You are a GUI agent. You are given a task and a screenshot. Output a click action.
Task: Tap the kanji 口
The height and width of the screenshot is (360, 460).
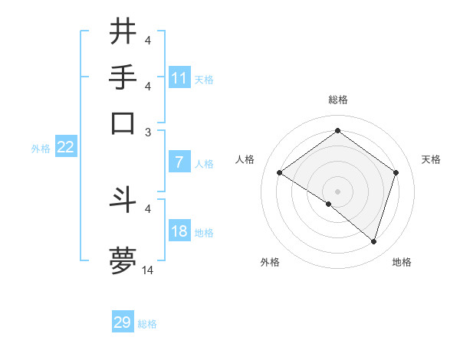point(123,123)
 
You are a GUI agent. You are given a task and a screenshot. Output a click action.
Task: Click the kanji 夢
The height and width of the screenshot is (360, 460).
point(123,260)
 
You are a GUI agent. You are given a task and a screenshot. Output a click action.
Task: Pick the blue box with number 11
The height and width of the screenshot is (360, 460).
point(179,78)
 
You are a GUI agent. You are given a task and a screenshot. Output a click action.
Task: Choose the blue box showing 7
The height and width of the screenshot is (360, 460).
point(179,162)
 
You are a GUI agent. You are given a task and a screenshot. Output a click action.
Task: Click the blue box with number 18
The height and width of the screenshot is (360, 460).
point(179,231)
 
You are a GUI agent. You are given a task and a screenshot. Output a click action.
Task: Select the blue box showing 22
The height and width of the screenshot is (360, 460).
point(65,148)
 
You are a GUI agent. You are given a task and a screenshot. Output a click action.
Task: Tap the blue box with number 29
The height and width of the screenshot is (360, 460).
point(123,322)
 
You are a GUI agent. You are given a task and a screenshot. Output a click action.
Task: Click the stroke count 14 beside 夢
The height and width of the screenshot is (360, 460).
point(148,270)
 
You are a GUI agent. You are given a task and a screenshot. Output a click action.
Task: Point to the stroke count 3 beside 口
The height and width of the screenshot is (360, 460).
point(148,132)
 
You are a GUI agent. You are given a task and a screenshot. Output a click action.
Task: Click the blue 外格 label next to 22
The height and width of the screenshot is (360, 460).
point(40,149)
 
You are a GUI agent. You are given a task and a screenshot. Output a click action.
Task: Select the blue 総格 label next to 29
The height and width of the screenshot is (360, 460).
point(147,324)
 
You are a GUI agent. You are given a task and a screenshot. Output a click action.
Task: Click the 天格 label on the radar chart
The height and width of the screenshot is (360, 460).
point(431,159)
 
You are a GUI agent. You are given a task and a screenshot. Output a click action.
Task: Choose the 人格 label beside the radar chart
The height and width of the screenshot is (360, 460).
point(245,159)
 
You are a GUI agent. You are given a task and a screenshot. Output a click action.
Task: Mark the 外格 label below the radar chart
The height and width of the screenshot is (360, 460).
point(270,263)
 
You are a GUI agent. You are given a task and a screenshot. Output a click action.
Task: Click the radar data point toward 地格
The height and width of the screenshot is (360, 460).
point(374,242)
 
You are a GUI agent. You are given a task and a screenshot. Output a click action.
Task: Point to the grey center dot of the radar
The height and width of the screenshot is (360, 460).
point(337,191)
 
